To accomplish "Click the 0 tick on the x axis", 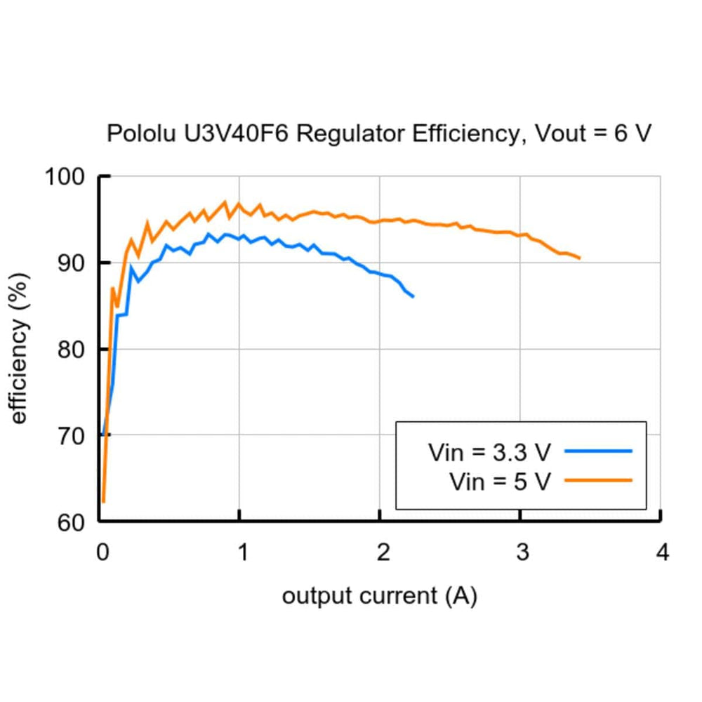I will tap(102, 553).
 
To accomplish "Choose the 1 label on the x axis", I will tap(241, 553).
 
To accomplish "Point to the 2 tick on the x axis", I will tap(382, 553).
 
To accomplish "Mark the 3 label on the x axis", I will tap(522, 553).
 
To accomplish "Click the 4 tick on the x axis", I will tap(661, 553).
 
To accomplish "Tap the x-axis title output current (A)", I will tap(379, 597).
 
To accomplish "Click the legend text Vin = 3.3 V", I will tap(490, 452).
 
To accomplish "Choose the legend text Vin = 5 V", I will tap(500, 482).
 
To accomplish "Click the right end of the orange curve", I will tap(579, 258).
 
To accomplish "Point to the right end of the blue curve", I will tap(413, 296).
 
